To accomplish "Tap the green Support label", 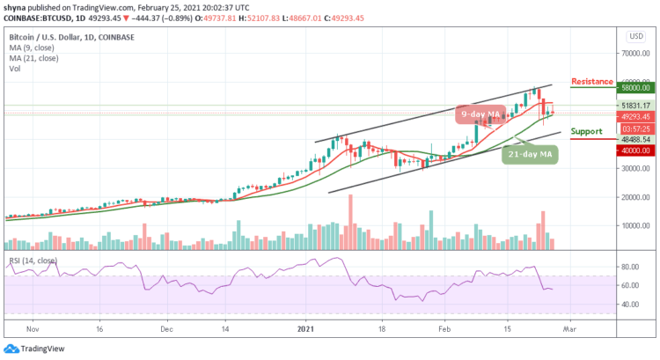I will pos(586,131).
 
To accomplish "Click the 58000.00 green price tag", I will pos(633,88).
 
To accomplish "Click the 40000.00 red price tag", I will pos(633,151).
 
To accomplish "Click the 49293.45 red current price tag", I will pos(633,116).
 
